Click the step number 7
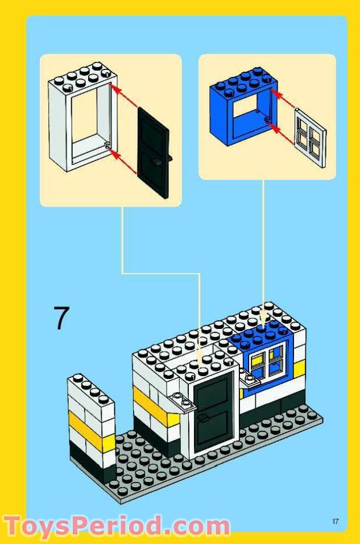tap(61, 318)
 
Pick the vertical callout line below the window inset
tap(263, 245)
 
